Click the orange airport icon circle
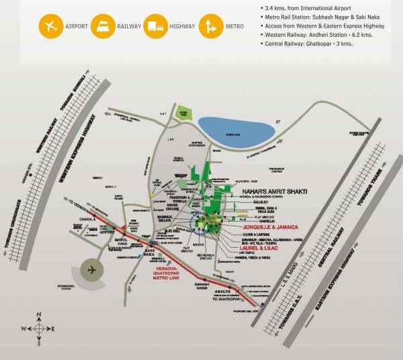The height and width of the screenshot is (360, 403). click(x=49, y=27)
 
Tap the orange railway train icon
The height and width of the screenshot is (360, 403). click(x=103, y=27)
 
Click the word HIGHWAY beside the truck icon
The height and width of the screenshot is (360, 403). click(x=183, y=28)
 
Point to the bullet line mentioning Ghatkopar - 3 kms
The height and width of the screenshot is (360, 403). click(x=308, y=43)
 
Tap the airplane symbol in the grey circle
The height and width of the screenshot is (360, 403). click(x=91, y=270)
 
